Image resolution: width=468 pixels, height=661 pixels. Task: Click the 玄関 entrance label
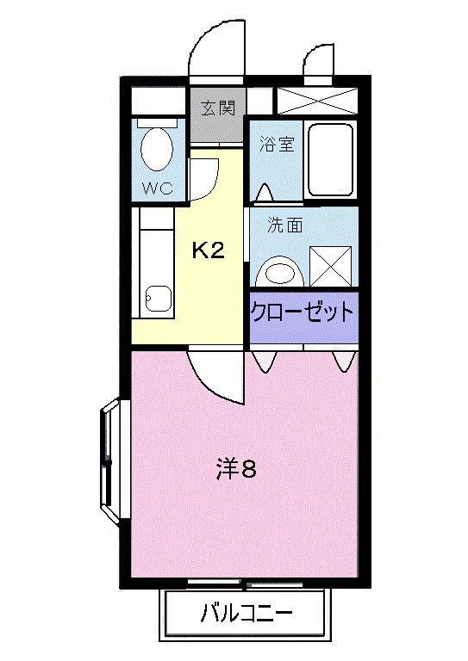pyautogui.click(x=218, y=108)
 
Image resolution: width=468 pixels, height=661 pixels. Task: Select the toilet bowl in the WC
pyautogui.click(x=156, y=149)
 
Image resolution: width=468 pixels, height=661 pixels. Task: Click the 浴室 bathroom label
pyautogui.click(x=277, y=144)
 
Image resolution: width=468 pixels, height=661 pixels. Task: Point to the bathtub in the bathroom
pyautogui.click(x=330, y=159)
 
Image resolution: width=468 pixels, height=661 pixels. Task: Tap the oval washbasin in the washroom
pyautogui.click(x=280, y=272)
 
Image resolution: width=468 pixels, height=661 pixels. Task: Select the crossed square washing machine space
pyautogui.click(x=332, y=265)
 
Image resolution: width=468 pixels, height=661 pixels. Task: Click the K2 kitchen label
pyautogui.click(x=208, y=250)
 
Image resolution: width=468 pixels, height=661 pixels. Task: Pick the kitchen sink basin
pyautogui.click(x=159, y=298)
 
